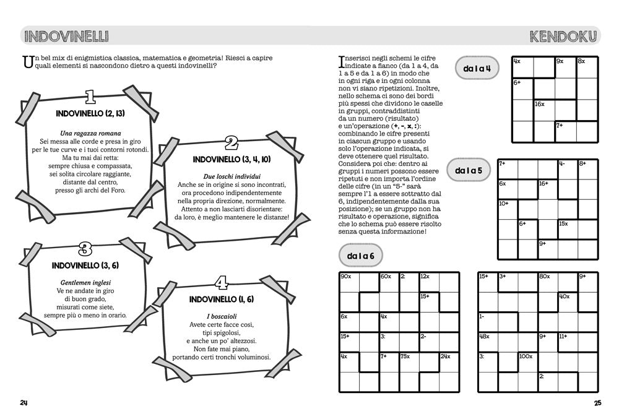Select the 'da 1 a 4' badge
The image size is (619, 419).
(477, 69)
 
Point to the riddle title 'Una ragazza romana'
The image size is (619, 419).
(90, 134)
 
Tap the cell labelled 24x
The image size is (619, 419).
(449, 362)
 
